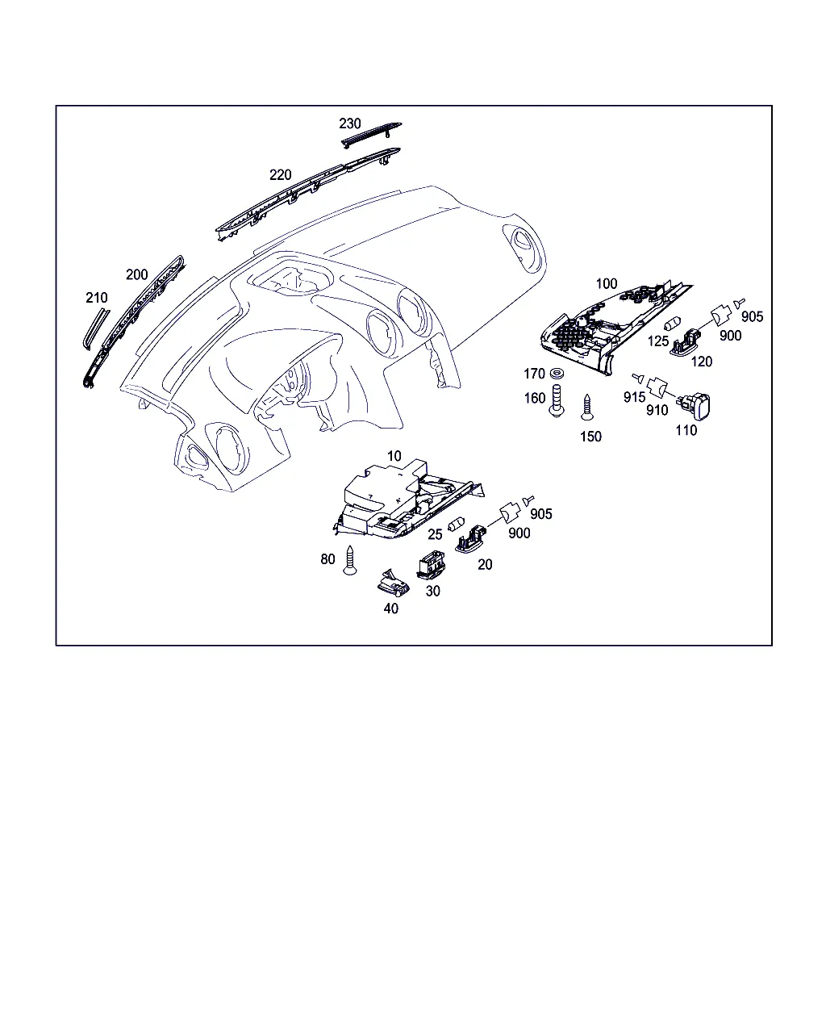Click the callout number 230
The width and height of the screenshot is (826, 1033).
click(x=349, y=123)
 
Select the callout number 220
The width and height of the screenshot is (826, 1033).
click(x=280, y=175)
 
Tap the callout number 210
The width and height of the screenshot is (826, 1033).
click(x=97, y=298)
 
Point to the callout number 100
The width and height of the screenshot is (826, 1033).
click(x=606, y=284)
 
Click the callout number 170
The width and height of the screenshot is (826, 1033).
click(x=534, y=374)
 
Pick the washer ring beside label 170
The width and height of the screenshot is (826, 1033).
click(x=557, y=373)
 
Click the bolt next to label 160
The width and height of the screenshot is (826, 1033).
click(x=557, y=399)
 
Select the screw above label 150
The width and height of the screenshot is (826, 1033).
click(x=587, y=407)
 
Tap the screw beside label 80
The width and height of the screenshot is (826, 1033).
click(x=350, y=560)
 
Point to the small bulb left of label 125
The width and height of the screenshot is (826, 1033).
click(x=672, y=323)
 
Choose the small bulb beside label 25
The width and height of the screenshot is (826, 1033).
click(x=456, y=524)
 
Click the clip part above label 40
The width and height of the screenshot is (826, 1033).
click(x=394, y=582)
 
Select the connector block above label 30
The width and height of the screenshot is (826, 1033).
click(x=431, y=565)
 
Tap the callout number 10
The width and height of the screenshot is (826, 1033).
click(x=394, y=456)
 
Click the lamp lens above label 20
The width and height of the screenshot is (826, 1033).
click(x=470, y=540)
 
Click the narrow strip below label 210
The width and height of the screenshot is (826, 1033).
click(x=96, y=329)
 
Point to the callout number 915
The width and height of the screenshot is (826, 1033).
click(x=634, y=397)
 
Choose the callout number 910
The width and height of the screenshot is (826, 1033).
click(x=657, y=411)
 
